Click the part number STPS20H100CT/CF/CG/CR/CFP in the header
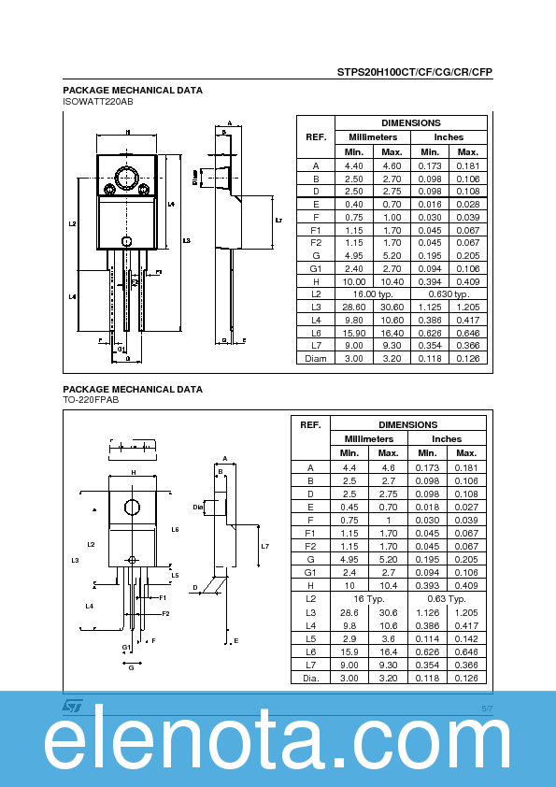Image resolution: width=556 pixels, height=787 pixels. click(x=415, y=72)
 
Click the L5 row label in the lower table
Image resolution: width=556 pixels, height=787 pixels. click(x=311, y=637)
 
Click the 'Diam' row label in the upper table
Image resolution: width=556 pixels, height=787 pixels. click(x=316, y=359)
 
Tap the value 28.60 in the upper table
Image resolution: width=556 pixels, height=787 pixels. click(x=354, y=307)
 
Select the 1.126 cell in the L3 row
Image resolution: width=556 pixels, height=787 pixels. click(x=427, y=611)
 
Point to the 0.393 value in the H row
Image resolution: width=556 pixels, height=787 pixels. click(x=427, y=585)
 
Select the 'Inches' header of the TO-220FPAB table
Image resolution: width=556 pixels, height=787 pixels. click(x=446, y=438)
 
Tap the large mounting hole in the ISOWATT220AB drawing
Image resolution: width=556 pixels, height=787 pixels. click(x=126, y=177)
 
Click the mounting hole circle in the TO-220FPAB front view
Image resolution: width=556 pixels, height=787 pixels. click(x=132, y=508)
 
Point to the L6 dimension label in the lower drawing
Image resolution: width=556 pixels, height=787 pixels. click(x=175, y=529)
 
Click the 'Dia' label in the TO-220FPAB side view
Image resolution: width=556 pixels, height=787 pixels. click(x=197, y=508)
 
